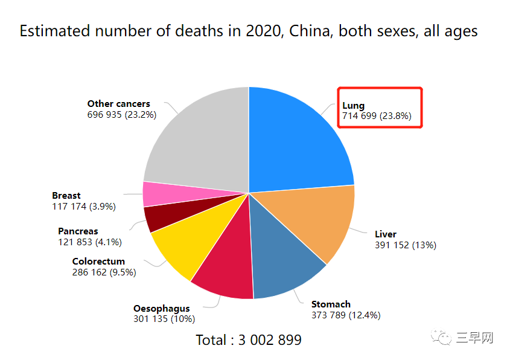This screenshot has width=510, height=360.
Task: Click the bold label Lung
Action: pos(354,106)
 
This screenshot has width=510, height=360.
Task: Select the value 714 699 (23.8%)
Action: pos(377,116)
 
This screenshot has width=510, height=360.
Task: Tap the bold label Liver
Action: pos(386,234)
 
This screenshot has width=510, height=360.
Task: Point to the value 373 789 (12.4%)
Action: pos(346,315)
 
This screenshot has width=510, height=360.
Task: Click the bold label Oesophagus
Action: pos(162,309)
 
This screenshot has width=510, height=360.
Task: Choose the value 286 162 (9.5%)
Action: pos(104,272)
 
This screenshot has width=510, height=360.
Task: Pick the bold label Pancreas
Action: pos(78,231)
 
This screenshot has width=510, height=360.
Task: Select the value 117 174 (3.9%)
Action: pos(84,207)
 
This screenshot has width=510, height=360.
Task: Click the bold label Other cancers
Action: pos(119,104)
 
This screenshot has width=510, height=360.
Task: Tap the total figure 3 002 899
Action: pos(270,340)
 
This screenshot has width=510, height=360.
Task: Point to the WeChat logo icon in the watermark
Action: pos(441,336)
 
